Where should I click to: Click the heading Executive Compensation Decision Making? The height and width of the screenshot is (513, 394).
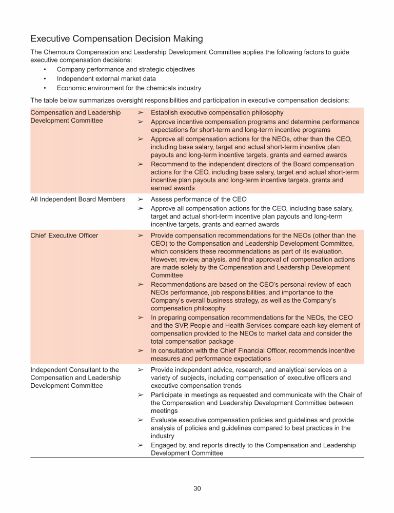coord(116,39)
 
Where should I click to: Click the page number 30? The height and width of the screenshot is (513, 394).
coord(197,488)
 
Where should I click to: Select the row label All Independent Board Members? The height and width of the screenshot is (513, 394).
coord(78,200)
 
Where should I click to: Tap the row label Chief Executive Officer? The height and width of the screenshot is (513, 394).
coord(64,235)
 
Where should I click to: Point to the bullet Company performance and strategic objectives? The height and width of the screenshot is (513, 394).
coord(126,69)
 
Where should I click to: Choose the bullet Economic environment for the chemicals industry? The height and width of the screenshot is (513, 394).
coord(129,88)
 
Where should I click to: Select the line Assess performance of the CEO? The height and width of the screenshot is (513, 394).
coord(199,200)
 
